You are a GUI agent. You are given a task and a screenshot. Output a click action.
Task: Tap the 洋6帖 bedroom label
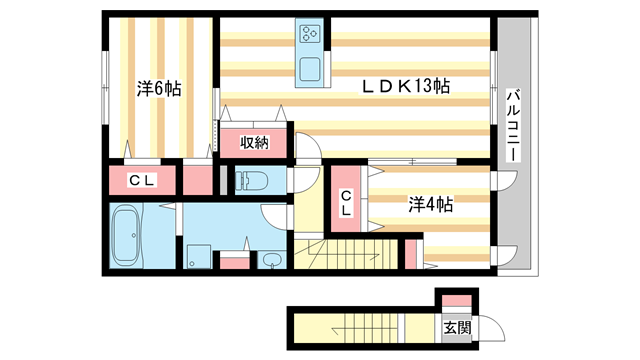[159, 89]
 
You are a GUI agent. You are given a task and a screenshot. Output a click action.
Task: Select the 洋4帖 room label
[431, 204]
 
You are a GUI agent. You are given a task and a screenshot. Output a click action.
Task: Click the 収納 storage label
[255, 142]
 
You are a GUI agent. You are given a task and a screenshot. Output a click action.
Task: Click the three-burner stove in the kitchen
[310, 36]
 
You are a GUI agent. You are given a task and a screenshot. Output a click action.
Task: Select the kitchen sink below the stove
[310, 71]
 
